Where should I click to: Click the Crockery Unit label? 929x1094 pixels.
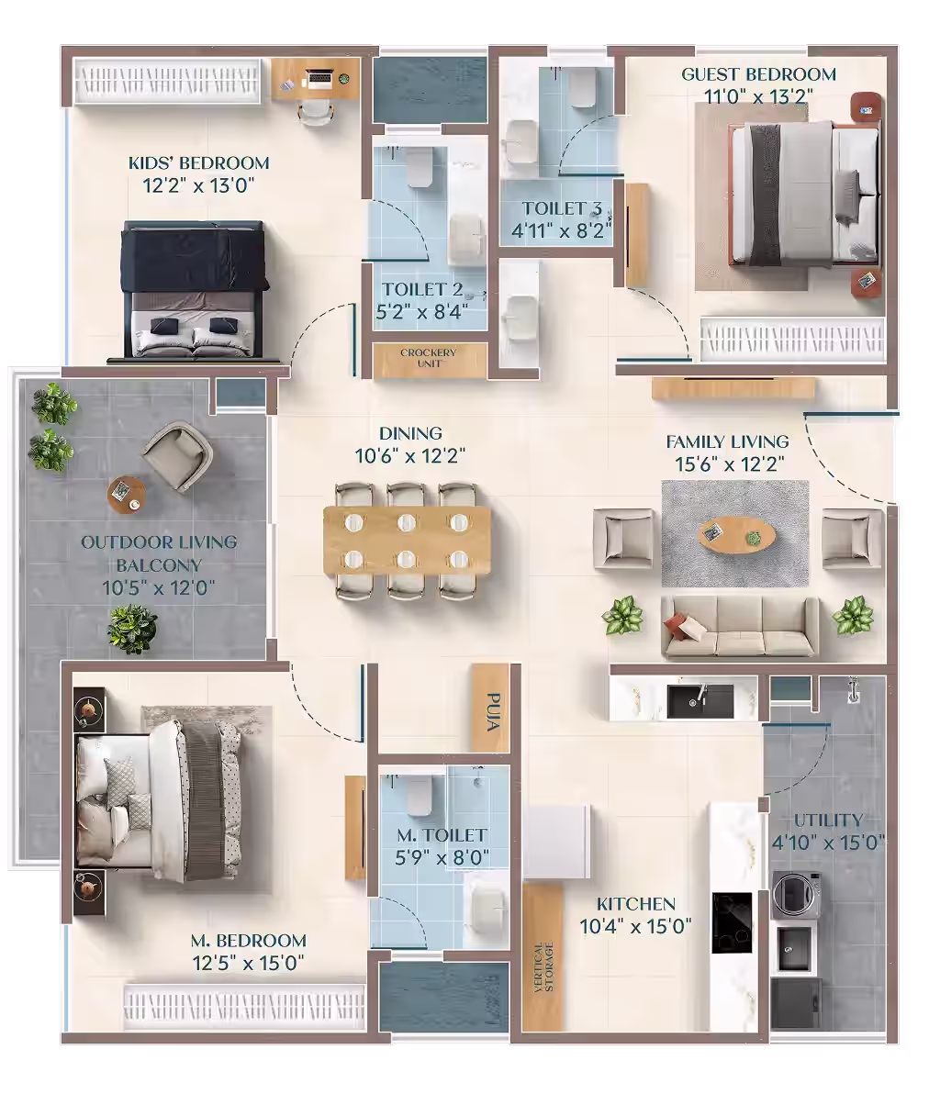point(429,358)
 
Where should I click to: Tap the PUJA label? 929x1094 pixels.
point(493,711)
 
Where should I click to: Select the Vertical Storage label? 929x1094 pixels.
point(543,967)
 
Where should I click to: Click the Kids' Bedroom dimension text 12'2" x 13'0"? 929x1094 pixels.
point(198,185)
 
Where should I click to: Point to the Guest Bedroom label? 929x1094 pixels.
point(758,74)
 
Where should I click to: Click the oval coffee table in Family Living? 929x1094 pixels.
point(738,536)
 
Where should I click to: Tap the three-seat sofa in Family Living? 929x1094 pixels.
point(740,627)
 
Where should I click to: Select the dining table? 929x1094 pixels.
point(407,541)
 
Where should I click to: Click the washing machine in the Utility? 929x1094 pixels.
point(795,895)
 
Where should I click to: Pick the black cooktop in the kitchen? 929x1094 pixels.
point(733,922)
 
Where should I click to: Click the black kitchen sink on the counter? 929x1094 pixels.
point(700,700)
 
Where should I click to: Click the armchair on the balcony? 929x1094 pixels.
point(178,456)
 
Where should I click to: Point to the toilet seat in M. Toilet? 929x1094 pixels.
point(420,797)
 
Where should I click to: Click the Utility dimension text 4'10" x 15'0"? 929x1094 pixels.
point(828,843)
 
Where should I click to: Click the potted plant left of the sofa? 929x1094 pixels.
point(623,615)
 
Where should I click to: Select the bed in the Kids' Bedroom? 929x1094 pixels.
point(195,292)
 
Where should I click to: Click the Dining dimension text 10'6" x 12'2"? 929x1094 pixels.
point(410,455)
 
